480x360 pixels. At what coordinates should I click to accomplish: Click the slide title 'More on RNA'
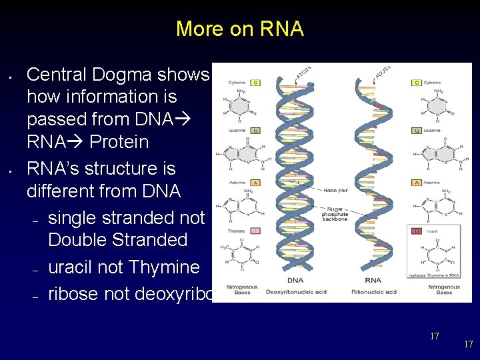(x=239, y=29)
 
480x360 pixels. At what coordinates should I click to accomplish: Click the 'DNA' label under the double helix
(x=295, y=281)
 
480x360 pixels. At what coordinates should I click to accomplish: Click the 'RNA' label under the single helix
(x=373, y=281)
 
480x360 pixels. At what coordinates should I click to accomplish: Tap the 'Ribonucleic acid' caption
(x=373, y=292)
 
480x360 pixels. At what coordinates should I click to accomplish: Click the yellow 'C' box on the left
(x=255, y=83)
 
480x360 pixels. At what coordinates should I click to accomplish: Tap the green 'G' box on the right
(x=417, y=130)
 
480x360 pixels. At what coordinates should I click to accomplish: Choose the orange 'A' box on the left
(x=255, y=182)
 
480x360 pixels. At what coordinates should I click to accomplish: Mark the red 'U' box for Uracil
(x=417, y=231)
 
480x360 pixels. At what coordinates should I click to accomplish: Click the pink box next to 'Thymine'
(x=255, y=231)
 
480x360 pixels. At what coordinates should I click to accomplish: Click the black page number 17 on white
(x=434, y=336)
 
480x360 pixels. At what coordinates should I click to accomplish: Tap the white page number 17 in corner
(x=468, y=345)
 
